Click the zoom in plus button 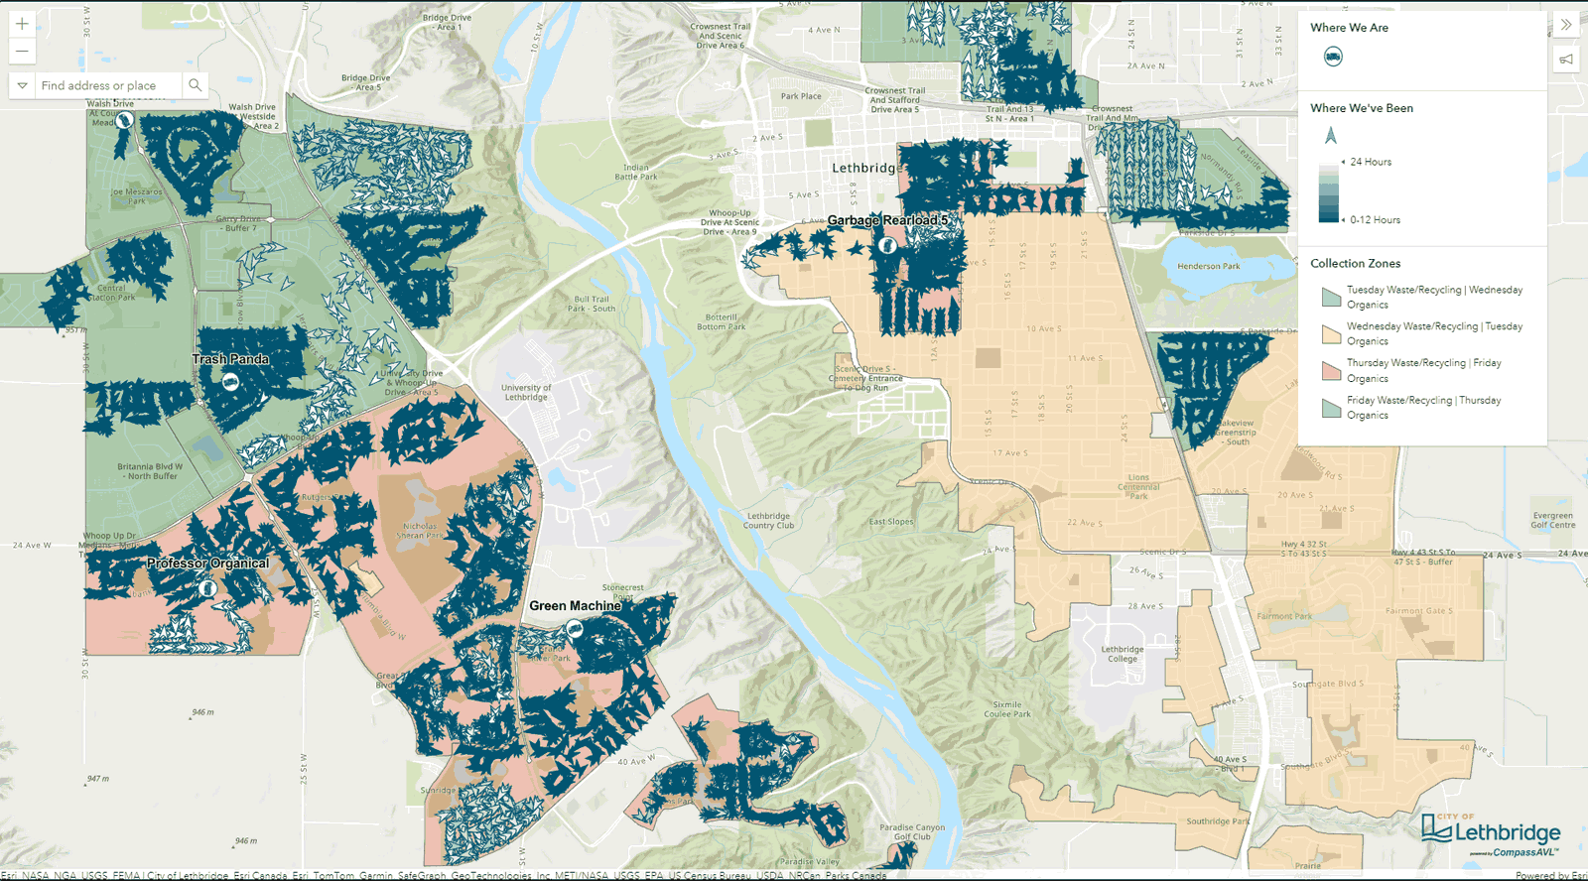point(22,23)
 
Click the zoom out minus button point(22,51)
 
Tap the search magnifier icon point(196,85)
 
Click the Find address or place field point(107,85)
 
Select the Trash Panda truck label point(230,359)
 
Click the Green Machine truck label point(575,605)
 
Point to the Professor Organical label point(207,563)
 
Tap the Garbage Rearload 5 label point(887,220)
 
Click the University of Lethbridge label point(526,392)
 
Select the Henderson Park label point(1208,266)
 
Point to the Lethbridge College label point(1122,654)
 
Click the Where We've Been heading point(1361,108)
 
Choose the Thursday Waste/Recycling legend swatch point(1331,370)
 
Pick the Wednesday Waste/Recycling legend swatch point(1331,333)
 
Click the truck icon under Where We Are point(1333,57)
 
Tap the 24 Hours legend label point(1370,162)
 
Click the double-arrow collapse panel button point(1565,25)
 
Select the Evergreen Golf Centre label point(1552,520)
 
